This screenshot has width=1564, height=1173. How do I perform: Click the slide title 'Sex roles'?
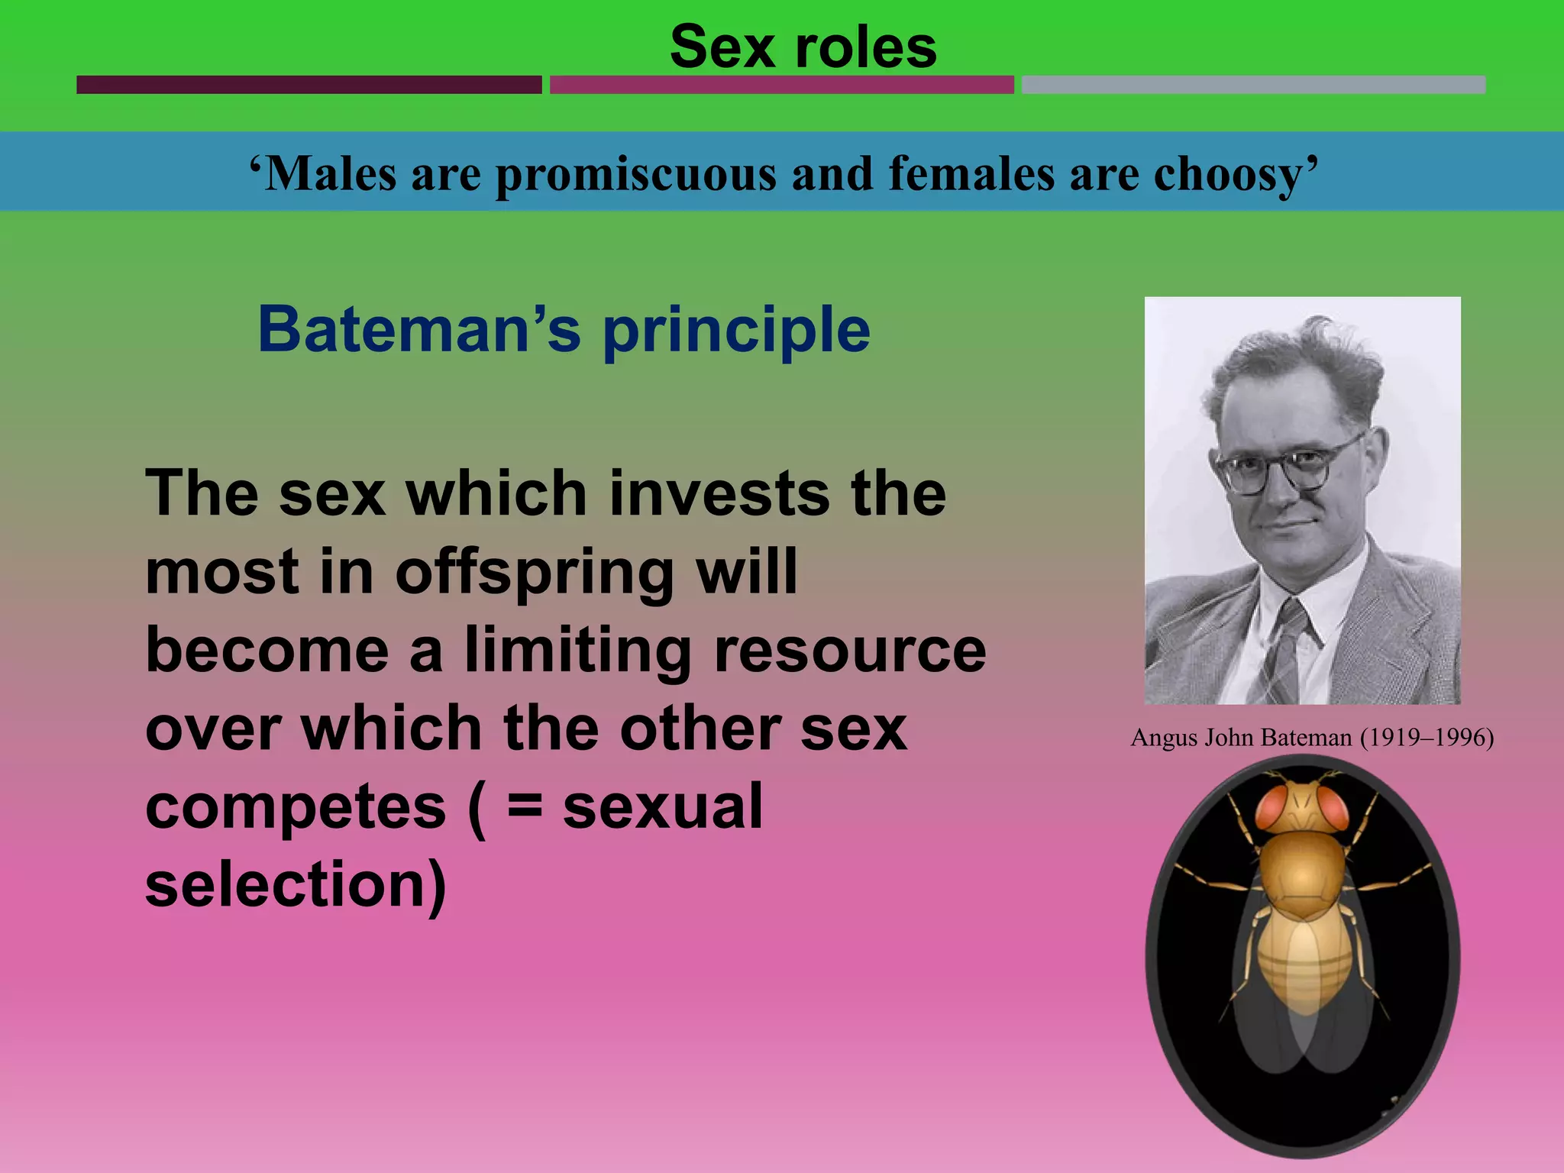[803, 47]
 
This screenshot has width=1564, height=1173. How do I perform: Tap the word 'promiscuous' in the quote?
[636, 175]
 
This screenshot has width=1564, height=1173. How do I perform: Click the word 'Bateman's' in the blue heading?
[419, 330]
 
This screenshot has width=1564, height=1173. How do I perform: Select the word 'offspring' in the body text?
[534, 573]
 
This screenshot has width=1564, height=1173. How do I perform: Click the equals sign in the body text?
[525, 808]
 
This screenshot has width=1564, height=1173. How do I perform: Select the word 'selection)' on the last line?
[296, 886]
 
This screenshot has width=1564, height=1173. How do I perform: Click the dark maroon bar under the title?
[309, 85]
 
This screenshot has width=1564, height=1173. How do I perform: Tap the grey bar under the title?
[1253, 85]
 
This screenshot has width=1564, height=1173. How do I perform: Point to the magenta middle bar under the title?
[781, 85]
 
